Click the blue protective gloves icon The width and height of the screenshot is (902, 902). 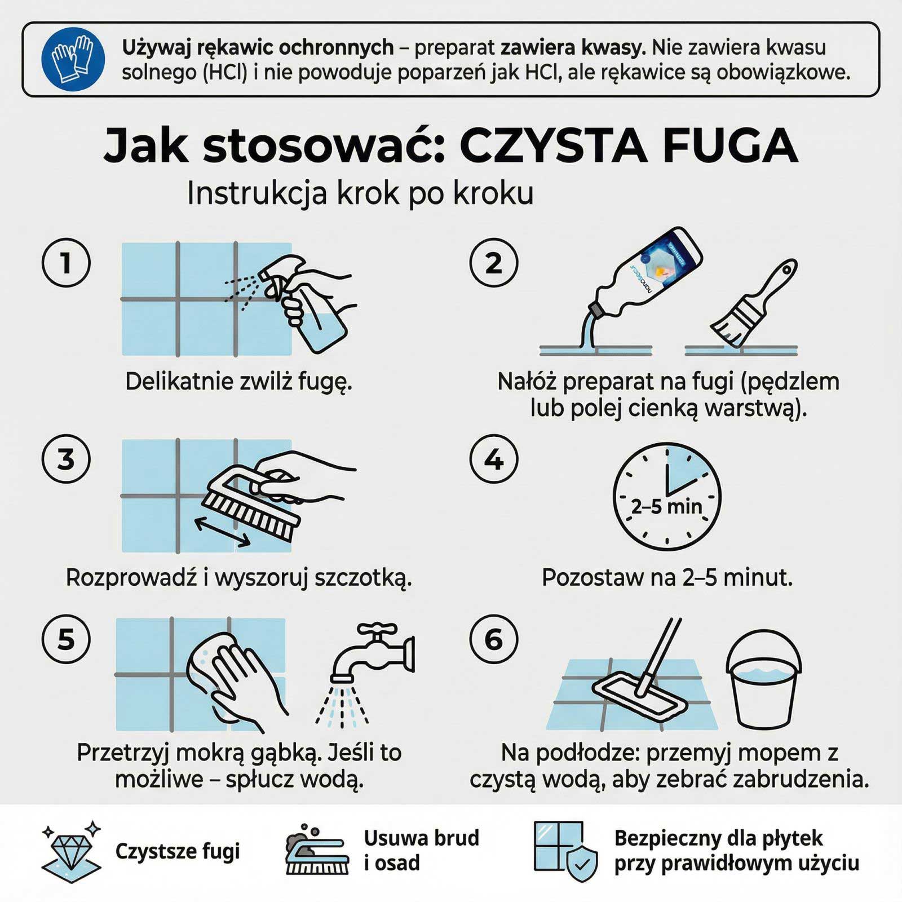pyautogui.click(x=73, y=59)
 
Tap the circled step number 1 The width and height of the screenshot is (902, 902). pyautogui.click(x=66, y=263)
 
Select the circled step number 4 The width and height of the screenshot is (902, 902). pyautogui.click(x=494, y=459)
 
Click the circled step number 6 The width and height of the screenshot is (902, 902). pyautogui.click(x=494, y=639)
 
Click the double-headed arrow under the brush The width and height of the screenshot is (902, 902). pyautogui.click(x=223, y=533)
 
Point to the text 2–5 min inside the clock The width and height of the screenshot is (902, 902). pyautogui.click(x=667, y=506)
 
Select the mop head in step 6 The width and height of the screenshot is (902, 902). pyautogui.click(x=640, y=699)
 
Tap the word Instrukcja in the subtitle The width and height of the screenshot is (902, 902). pyautogui.click(x=257, y=193)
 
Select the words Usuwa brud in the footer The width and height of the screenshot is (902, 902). pyautogui.click(x=421, y=838)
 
